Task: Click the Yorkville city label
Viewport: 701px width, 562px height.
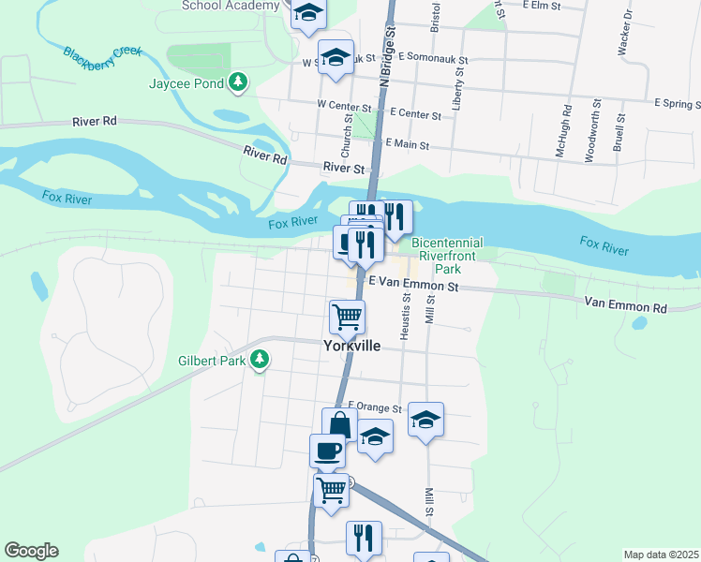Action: [351, 346]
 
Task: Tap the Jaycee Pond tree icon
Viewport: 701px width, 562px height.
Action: [239, 82]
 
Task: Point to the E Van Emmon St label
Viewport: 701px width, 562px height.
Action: [413, 281]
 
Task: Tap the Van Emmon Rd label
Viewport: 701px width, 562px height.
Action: [625, 304]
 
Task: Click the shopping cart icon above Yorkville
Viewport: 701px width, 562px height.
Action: [347, 317]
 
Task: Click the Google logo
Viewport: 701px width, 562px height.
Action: [31, 551]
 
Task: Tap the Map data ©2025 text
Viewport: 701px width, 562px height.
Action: [661, 555]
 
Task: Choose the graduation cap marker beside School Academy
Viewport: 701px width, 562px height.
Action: [306, 13]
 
